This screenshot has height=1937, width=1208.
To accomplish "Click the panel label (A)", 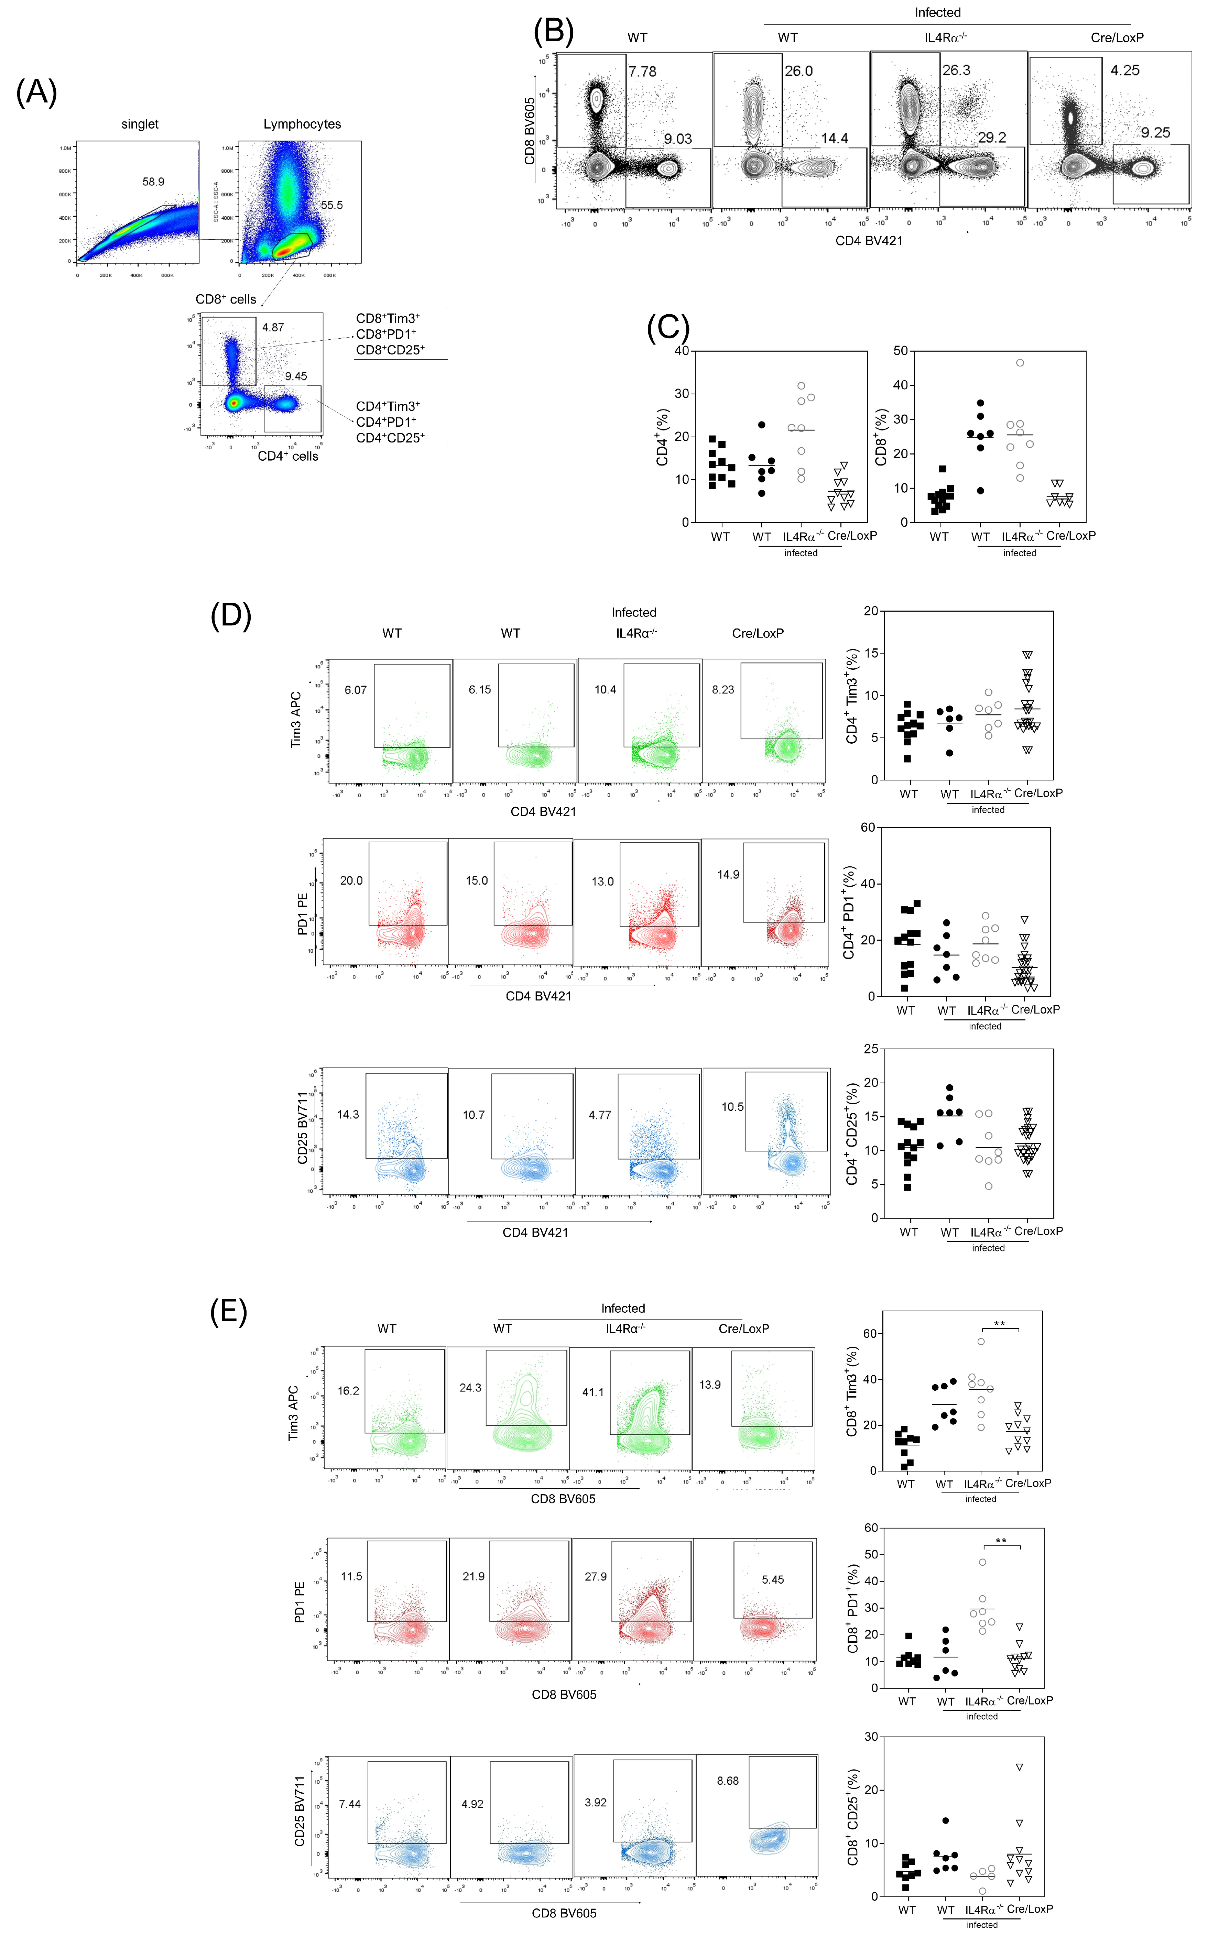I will click(37, 93).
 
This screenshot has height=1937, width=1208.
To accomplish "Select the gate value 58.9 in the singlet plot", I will click(153, 182).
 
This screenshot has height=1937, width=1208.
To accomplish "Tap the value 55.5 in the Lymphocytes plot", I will click(331, 205).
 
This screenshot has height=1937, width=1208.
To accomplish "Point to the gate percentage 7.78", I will click(642, 72).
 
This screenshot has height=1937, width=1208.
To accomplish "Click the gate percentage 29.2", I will click(991, 138).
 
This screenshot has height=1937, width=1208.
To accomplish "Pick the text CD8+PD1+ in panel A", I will click(386, 334).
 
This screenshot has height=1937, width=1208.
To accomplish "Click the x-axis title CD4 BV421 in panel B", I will click(869, 240).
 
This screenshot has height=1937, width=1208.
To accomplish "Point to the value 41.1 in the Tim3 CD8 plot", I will click(593, 1392).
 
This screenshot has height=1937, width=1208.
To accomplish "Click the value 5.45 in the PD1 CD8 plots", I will click(773, 1580).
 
